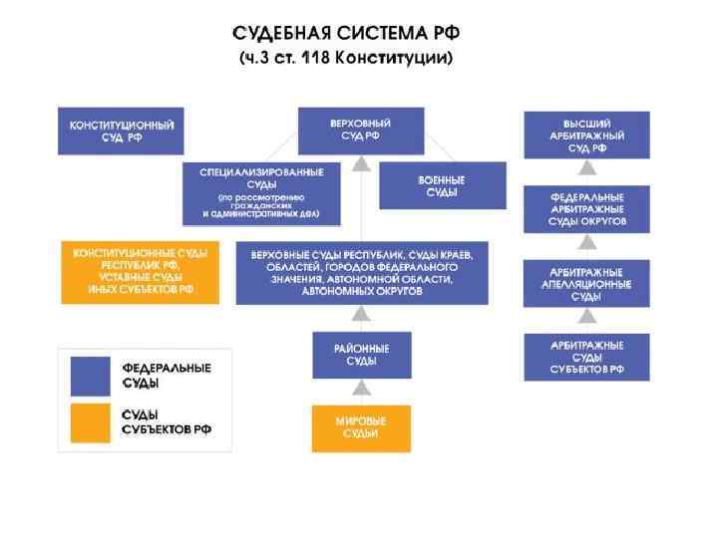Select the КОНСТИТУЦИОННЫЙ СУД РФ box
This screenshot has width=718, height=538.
point(122,131)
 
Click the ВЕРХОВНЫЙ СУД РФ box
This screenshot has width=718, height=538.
point(361,131)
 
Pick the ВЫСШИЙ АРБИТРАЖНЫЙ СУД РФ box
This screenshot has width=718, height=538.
point(586,134)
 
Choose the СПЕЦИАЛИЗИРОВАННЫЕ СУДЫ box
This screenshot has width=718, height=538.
point(261,193)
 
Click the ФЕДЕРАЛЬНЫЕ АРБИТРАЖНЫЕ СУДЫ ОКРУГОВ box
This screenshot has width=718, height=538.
point(586,209)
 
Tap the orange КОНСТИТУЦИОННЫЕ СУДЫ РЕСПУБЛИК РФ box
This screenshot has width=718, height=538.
point(140,272)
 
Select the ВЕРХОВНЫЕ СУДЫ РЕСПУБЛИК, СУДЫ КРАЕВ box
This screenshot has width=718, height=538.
point(362,272)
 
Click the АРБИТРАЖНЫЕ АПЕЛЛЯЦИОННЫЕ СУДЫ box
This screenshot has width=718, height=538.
point(586,283)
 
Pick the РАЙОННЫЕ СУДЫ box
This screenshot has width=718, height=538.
point(361,355)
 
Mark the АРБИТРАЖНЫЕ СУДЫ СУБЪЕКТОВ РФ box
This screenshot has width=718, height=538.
point(586,357)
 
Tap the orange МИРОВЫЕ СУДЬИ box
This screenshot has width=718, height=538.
point(361,427)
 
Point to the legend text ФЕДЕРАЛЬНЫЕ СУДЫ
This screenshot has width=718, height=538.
point(166,376)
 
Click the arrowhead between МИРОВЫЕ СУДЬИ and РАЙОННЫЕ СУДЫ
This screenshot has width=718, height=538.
point(361,393)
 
